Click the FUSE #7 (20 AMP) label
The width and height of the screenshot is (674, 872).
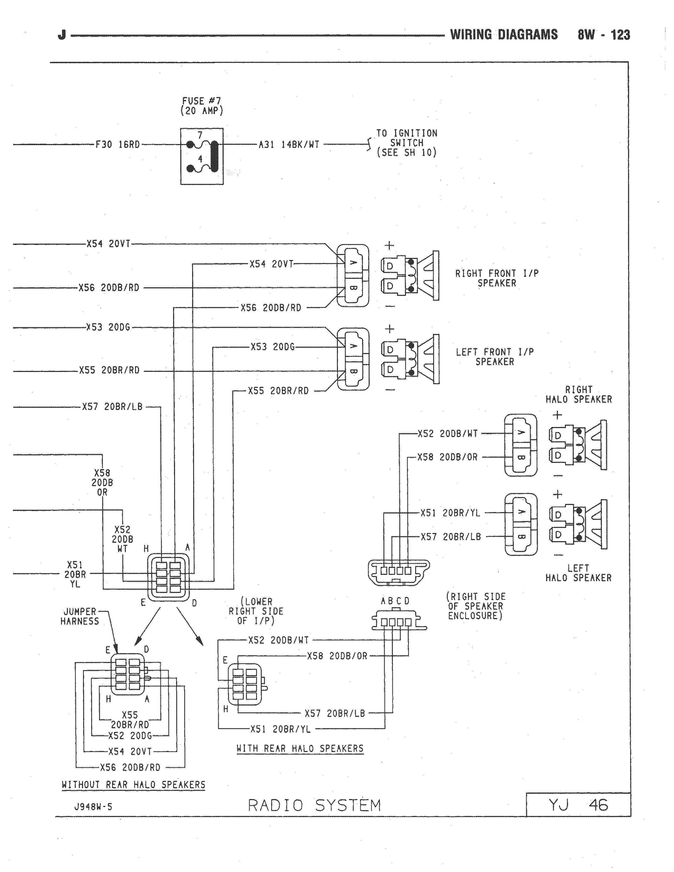(202, 106)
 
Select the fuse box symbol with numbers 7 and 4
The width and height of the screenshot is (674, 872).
(202, 156)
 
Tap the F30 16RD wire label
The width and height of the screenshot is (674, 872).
(117, 145)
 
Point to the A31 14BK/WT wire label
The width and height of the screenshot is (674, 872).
(289, 145)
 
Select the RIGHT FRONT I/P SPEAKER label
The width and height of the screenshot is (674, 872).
(497, 278)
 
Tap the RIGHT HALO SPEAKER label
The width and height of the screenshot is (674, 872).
(579, 395)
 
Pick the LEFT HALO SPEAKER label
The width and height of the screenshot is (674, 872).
(579, 573)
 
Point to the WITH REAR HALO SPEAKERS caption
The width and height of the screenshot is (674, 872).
(300, 749)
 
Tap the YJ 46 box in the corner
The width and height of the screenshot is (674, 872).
(578, 805)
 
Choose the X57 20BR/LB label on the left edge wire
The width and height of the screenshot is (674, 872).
(112, 407)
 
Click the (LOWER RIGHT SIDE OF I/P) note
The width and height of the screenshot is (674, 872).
(256, 611)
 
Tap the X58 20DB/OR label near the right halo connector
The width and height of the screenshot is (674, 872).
(447, 457)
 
